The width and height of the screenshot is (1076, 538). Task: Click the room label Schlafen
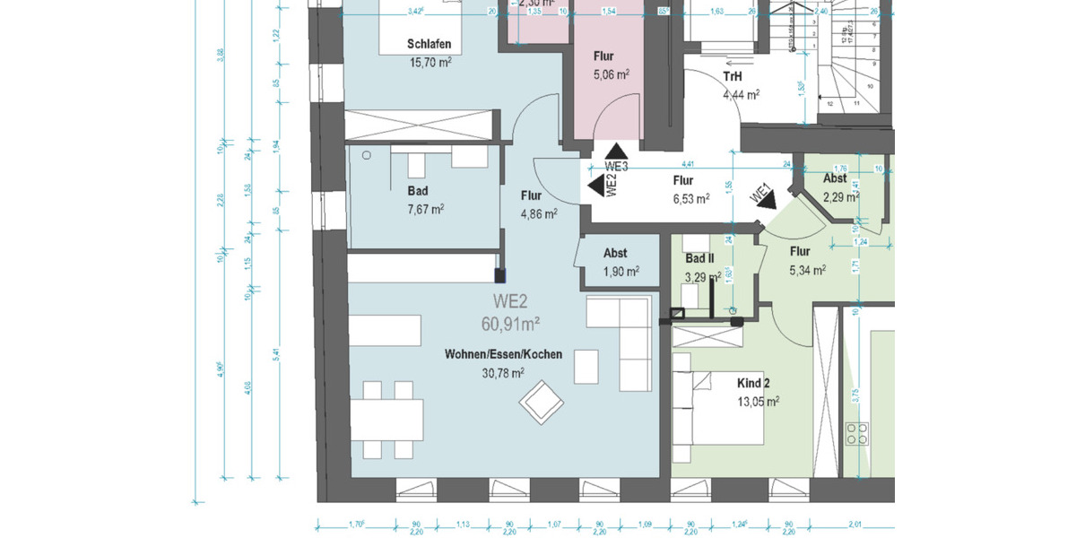tap(428, 45)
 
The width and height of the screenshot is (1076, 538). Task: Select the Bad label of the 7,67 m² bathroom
tap(417, 191)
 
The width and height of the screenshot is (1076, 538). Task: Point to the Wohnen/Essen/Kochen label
tap(503, 354)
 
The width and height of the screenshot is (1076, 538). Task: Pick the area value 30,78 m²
tap(503, 372)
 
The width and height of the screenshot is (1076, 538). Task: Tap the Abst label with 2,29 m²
tap(840, 178)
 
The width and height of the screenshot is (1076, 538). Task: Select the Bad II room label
tap(699, 259)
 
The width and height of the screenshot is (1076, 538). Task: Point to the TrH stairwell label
tap(733, 76)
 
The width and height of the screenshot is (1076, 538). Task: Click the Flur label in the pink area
tap(603, 56)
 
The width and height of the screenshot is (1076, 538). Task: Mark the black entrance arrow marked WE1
tap(765, 202)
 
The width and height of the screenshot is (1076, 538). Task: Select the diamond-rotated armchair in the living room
tap(541, 403)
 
